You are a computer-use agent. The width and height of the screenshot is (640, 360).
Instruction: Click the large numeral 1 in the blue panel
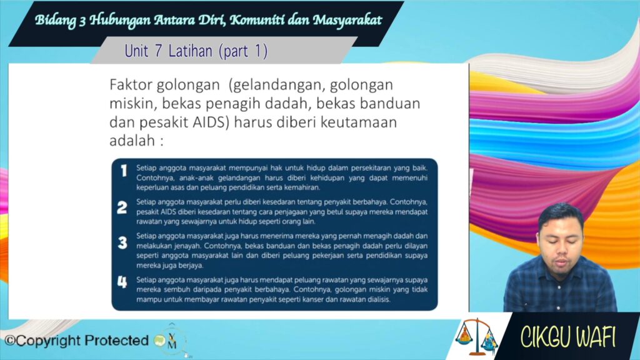pyautogui.click(x=124, y=171)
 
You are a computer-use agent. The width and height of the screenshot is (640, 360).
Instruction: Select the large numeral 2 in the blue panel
pyautogui.click(x=122, y=207)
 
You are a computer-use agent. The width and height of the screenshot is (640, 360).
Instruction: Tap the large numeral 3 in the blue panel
pyautogui.click(x=122, y=243)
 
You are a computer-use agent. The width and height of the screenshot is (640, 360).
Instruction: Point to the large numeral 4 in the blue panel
pyautogui.click(x=122, y=282)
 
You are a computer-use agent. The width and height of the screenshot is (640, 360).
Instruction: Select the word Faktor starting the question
pyautogui.click(x=131, y=85)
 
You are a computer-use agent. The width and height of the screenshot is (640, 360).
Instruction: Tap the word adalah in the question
pyautogui.click(x=132, y=141)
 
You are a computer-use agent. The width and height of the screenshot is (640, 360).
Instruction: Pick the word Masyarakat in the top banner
pyautogui.click(x=347, y=19)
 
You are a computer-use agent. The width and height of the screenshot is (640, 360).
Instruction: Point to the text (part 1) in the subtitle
pyautogui.click(x=243, y=51)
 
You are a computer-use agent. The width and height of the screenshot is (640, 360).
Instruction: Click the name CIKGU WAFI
pyautogui.click(x=567, y=337)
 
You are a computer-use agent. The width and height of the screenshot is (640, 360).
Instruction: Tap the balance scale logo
pyautogui.click(x=477, y=337)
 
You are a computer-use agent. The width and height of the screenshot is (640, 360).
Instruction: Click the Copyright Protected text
pyautogui.click(x=76, y=341)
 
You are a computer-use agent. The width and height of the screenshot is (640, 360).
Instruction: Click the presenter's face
pyautogui.click(x=559, y=246)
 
